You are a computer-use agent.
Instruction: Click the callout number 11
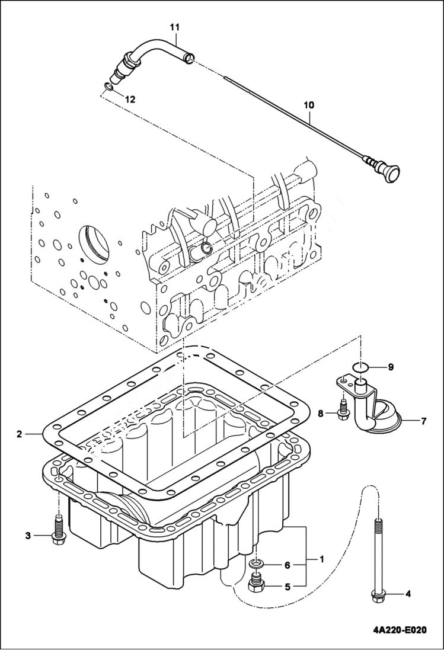174,27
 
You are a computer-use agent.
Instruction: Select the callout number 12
129,100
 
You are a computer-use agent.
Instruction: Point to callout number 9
391,367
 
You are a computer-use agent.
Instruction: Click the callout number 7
424,422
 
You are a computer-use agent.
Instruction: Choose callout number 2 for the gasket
19,434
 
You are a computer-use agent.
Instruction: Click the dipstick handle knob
392,173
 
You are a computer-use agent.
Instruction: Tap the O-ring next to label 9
359,368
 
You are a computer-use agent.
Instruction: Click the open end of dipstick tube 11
189,57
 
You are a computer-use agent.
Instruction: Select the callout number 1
322,558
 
